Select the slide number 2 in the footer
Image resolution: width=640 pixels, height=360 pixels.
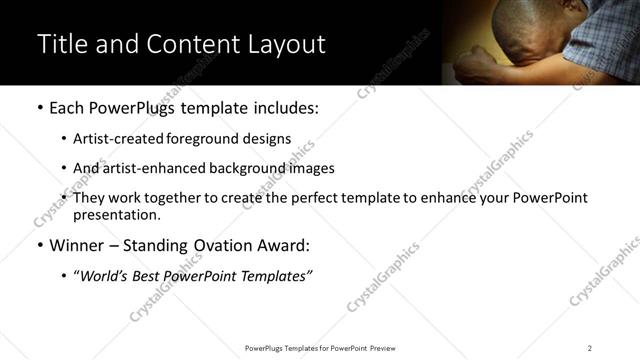[x=590, y=347]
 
